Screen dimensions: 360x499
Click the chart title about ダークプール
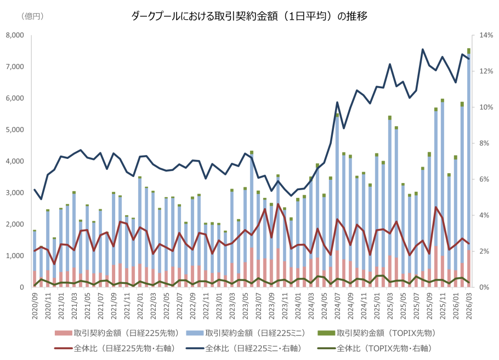coord(250,16)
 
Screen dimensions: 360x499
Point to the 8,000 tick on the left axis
coord(15,36)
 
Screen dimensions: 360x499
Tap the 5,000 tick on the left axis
coord(15,130)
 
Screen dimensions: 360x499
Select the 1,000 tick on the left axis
coord(15,256)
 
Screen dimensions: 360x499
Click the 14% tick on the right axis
coord(486,36)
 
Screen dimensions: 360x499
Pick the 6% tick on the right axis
coord(484,179)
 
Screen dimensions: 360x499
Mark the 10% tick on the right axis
coord(486,107)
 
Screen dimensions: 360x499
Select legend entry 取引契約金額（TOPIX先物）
coord(384,333)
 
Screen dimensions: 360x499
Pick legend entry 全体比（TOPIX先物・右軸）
coord(384,347)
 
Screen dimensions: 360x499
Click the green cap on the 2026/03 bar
coord(469,51)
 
